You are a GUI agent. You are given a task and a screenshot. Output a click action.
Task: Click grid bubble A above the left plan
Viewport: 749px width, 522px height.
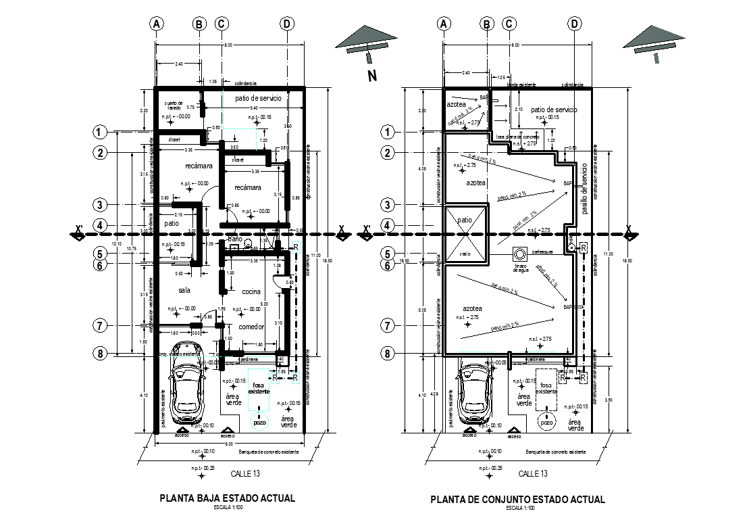[157, 24]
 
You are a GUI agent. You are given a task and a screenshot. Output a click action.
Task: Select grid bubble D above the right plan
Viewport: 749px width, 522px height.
[575, 24]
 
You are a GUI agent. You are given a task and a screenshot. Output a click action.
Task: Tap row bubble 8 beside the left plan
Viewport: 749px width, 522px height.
[99, 353]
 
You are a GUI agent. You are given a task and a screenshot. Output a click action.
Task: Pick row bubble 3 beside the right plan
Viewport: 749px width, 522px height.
[387, 205]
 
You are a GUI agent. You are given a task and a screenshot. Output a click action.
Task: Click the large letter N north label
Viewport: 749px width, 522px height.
[371, 76]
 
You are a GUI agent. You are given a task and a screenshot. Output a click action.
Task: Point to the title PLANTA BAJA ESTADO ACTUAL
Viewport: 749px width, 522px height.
[227, 498]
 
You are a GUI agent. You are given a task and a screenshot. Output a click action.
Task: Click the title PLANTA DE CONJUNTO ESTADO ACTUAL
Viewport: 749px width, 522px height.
[517, 500]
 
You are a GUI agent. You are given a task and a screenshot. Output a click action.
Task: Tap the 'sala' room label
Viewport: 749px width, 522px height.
[184, 290]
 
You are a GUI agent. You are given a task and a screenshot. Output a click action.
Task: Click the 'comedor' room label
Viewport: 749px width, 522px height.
[251, 327]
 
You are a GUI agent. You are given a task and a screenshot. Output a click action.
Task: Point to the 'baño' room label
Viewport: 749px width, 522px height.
[234, 239]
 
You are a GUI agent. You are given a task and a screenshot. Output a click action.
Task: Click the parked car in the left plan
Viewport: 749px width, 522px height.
[186, 392]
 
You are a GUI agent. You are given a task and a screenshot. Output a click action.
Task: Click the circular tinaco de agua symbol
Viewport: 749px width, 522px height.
[521, 255]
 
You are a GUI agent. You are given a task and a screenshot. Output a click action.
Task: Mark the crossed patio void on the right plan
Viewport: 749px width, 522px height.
[465, 235]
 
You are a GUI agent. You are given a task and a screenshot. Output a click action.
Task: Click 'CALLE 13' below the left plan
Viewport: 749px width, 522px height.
[244, 473]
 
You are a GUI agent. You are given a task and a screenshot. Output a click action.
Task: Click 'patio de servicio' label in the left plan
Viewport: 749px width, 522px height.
[258, 99]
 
